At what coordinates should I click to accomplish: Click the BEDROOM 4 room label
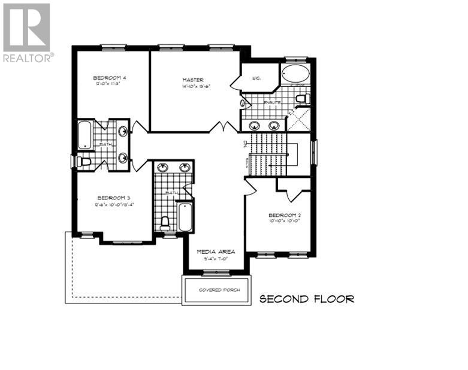(x=109, y=78)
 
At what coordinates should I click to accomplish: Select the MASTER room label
(x=193, y=80)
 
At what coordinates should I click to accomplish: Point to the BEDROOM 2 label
(x=284, y=215)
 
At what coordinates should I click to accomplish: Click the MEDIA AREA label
(x=216, y=251)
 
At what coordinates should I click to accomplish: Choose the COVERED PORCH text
(x=219, y=290)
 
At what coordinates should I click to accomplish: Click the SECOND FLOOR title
(x=306, y=299)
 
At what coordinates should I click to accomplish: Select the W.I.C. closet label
(x=256, y=78)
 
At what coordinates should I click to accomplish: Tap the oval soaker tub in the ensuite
(x=294, y=75)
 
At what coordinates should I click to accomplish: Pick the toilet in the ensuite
(x=302, y=98)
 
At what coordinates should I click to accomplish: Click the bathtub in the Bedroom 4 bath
(x=84, y=135)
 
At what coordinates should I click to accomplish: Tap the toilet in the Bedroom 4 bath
(x=83, y=161)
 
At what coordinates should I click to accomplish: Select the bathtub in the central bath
(x=185, y=218)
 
